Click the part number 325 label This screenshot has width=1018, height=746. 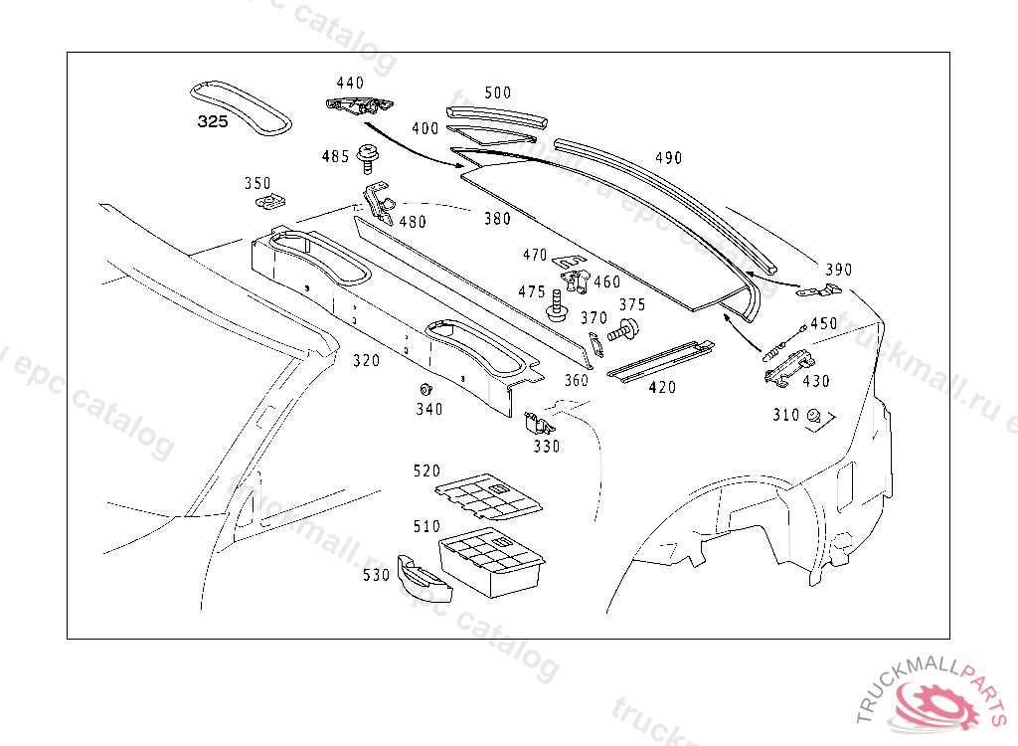pos(212,122)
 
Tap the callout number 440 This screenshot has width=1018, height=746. pos(350,84)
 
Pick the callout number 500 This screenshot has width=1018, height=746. pos(498,93)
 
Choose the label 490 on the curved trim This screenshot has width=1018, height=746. pos(668,158)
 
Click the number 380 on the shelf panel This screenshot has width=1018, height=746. pos(497,219)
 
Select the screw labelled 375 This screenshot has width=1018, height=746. pos(627,330)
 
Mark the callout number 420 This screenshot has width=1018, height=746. pos(662,387)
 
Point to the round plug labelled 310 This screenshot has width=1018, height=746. pos(813,416)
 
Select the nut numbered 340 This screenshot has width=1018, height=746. pos(425,388)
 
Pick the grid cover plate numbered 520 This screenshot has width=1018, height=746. pos(489,494)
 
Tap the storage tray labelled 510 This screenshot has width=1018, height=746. pos(492,561)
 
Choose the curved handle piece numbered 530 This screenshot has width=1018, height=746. pos(423,579)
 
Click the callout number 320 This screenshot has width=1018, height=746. pos(366,361)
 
